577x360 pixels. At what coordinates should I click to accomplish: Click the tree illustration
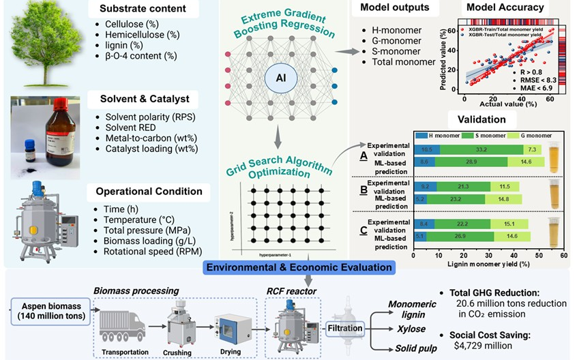pos(42,42)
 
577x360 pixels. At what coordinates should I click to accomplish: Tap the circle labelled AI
pos(280,78)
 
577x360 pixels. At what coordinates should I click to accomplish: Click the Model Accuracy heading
pos(504,8)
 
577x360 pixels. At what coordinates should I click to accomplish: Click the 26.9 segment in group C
pos(467,237)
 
